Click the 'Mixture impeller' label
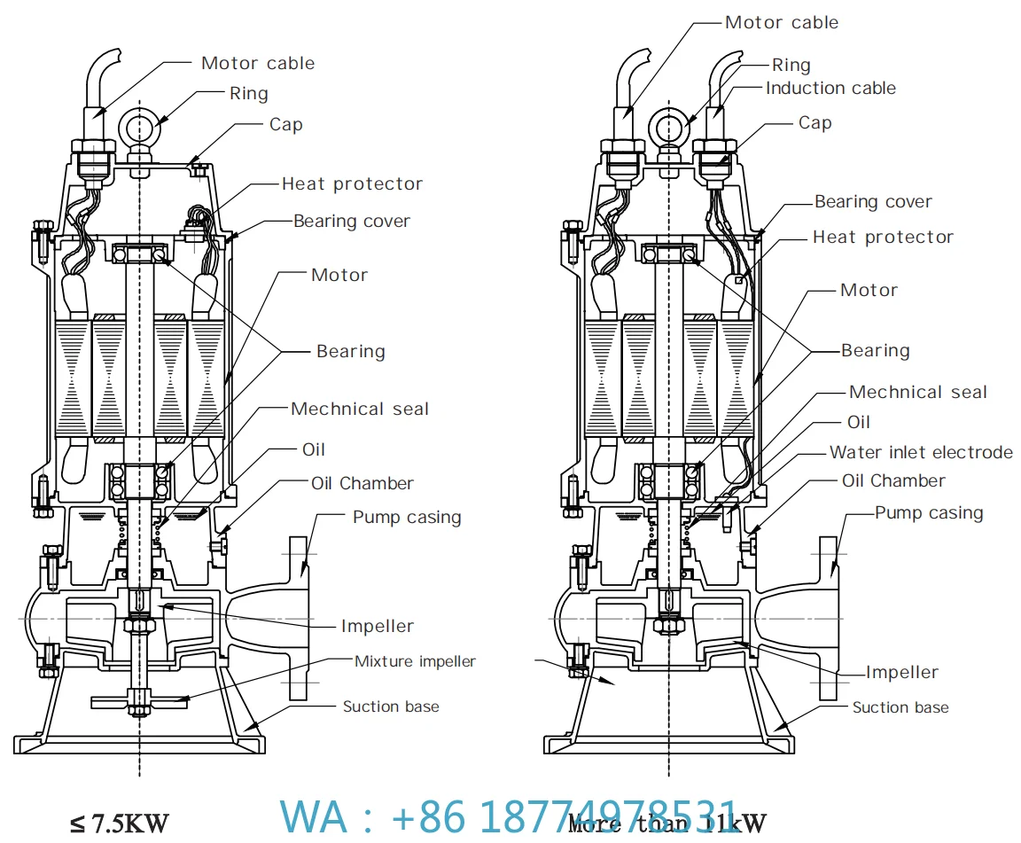[415, 661]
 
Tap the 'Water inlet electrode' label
[921, 452]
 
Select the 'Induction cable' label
[830, 88]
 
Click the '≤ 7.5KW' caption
[120, 823]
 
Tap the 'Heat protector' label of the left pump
[352, 183]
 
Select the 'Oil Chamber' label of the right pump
[893, 480]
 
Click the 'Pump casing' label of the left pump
[407, 517]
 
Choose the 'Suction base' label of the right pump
[900, 707]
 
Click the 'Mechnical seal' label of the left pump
[359, 409]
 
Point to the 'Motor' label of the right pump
[869, 290]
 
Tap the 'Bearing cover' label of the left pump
[352, 221]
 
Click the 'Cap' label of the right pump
[814, 122]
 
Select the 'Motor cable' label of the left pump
[258, 63]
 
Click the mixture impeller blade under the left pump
[138, 701]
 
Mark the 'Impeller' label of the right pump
[901, 673]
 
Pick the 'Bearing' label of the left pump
[351, 351]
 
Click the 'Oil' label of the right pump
[859, 422]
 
